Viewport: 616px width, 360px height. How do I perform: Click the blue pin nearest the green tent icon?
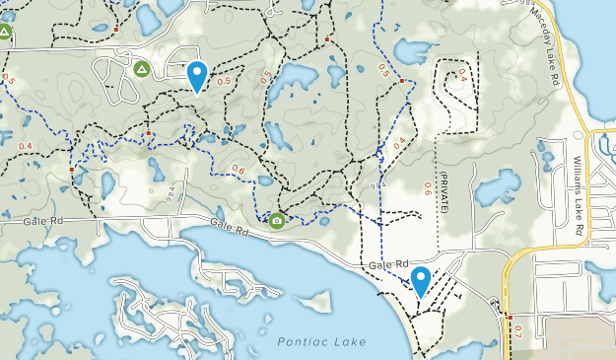click(x=197, y=75)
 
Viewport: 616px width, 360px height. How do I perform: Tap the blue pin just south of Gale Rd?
click(x=421, y=281)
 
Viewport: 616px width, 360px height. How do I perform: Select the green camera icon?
click(x=277, y=221)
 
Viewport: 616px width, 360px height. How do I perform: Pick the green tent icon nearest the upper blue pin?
click(x=141, y=69)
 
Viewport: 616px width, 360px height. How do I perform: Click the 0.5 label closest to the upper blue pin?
click(x=224, y=81)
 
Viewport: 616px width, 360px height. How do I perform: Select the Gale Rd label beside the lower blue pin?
click(x=388, y=265)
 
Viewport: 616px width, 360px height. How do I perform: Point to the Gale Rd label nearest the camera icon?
click(x=228, y=229)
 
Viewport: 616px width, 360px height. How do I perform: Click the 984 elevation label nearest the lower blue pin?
click(x=377, y=184)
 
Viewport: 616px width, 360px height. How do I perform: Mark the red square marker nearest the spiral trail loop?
click(x=402, y=80)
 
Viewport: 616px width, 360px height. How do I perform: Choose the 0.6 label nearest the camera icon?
click(x=238, y=169)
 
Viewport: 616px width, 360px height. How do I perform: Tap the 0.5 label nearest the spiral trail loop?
click(x=383, y=69)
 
